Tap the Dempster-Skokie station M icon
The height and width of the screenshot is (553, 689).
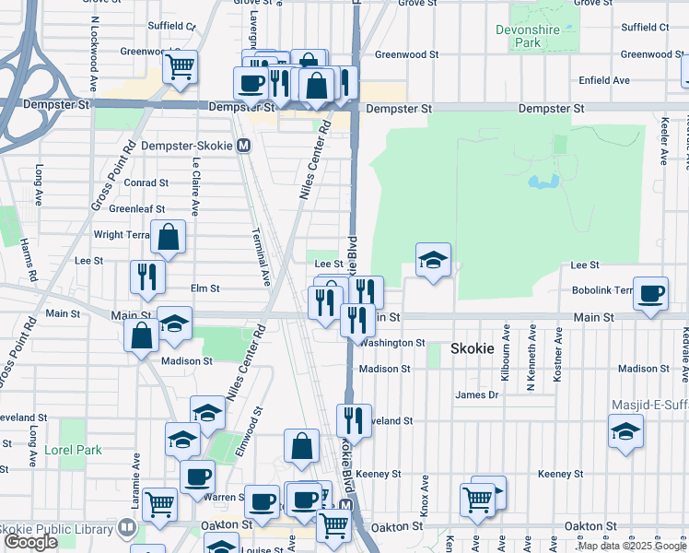click(x=244, y=146)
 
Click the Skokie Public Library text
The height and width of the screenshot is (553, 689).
click(x=55, y=530)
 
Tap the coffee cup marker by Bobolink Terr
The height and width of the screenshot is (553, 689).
click(x=651, y=294)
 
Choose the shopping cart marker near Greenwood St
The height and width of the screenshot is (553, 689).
click(x=181, y=66)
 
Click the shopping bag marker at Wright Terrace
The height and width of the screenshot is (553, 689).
click(x=169, y=239)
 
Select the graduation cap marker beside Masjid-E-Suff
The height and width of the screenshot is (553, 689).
click(x=625, y=431)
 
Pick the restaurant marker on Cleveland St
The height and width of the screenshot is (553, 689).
click(x=354, y=421)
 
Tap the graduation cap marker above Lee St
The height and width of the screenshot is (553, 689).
click(x=433, y=261)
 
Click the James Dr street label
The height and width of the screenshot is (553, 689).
click(x=476, y=395)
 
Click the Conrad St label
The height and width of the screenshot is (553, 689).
click(x=146, y=183)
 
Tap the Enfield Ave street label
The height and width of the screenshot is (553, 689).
click(x=579, y=80)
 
